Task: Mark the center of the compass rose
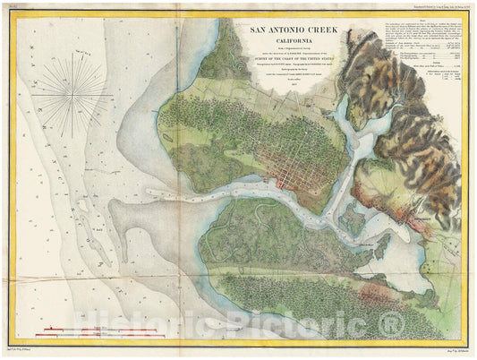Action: point(79,96)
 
